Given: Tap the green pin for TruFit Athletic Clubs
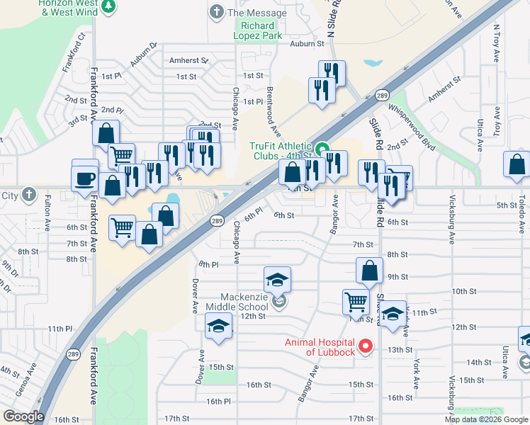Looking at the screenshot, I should click(322, 149).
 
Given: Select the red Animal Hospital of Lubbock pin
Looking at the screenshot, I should click(366, 346).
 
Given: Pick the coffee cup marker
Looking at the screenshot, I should click(85, 177).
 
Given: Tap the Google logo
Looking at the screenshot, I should click(23, 416).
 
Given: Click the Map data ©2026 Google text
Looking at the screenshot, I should click(486, 419).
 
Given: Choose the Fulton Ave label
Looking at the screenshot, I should click(48, 212).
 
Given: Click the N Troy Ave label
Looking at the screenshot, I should click(497, 45).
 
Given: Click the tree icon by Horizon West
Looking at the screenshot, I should click(108, 7).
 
